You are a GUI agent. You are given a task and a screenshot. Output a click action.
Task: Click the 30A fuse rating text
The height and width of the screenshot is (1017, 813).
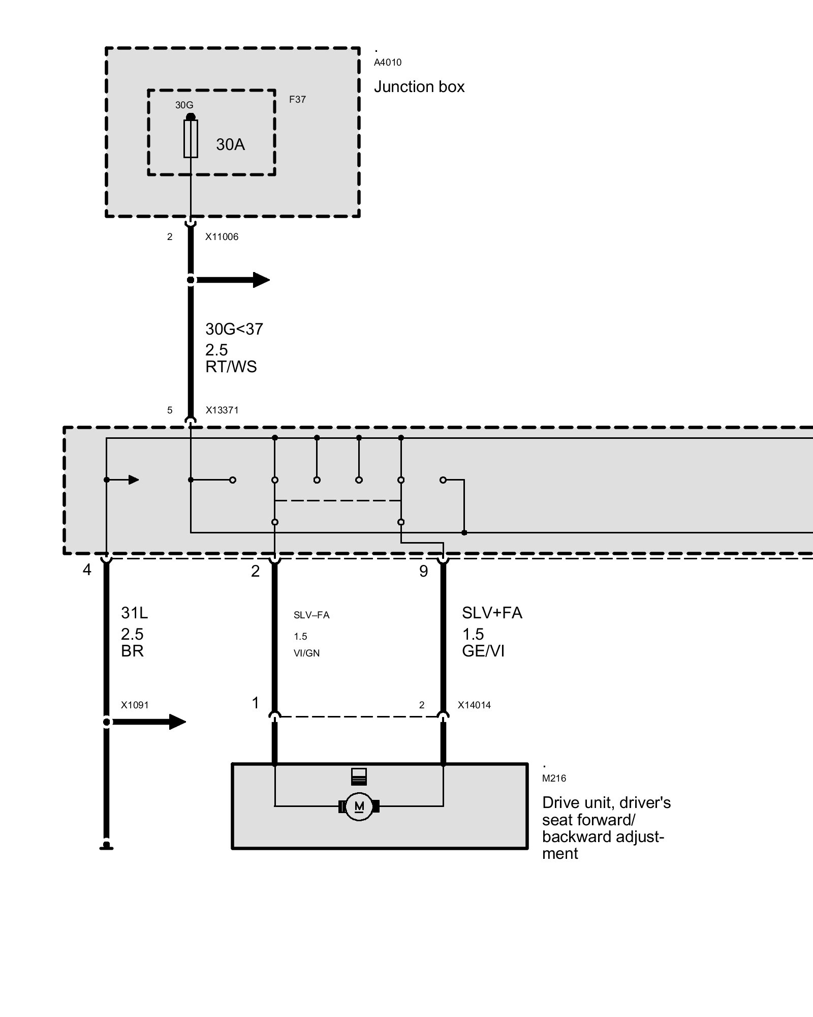[x=230, y=145]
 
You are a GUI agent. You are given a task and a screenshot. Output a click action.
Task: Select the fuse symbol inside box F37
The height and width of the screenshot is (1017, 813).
[x=191, y=138]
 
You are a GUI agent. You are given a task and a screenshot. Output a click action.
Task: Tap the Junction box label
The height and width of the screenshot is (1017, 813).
[x=419, y=87]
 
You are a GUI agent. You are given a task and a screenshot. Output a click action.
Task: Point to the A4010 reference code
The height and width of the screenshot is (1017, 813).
[x=388, y=63]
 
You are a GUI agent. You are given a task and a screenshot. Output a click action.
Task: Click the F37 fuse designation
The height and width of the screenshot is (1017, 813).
[x=297, y=100]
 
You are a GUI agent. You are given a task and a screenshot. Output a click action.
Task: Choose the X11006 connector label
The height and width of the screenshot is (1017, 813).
[x=222, y=237]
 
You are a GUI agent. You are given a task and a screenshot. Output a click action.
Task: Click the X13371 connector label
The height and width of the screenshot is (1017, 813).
[x=222, y=410]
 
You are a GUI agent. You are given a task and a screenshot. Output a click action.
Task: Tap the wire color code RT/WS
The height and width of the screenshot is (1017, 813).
[x=231, y=367]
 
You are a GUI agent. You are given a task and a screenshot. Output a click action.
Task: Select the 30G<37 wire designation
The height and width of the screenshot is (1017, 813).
[x=234, y=329]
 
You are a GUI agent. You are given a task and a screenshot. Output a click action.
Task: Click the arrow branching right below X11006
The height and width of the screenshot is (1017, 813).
[x=234, y=280]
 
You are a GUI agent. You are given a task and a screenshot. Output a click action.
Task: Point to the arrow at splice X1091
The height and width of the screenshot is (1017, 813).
[x=150, y=722]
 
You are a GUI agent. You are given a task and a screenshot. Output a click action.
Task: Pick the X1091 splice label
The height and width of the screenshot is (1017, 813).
[x=135, y=705]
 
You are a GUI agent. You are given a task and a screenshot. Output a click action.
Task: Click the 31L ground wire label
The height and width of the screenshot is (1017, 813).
[x=134, y=613]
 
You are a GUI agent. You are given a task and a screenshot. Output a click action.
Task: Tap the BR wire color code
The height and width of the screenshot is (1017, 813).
[x=132, y=651]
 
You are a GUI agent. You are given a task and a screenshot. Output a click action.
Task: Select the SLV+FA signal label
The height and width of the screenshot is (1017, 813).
[x=492, y=613]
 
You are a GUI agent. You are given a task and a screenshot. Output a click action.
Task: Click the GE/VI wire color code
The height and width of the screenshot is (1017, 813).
[x=483, y=651]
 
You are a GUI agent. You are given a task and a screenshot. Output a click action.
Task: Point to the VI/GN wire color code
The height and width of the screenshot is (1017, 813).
[x=306, y=653]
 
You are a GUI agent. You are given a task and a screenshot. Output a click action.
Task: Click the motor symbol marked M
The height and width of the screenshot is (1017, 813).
[x=359, y=806]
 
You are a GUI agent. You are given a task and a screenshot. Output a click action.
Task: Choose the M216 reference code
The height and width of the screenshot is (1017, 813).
[x=554, y=779]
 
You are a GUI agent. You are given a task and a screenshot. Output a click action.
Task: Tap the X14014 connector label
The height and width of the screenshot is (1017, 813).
[x=474, y=705]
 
